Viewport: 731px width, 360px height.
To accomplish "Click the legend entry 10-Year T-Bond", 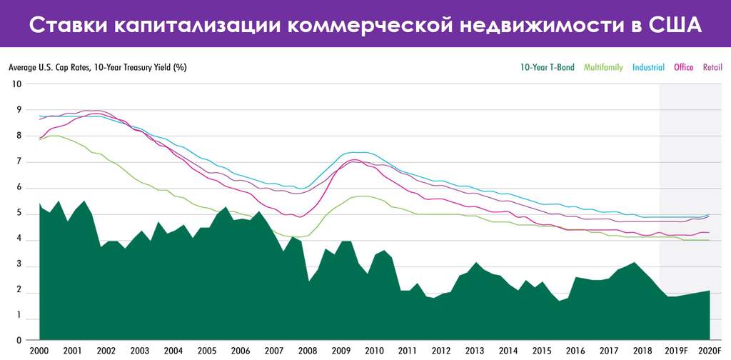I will (x=547, y=68).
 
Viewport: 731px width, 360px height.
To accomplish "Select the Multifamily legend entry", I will (x=603, y=68).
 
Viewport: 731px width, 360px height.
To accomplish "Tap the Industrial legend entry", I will (x=648, y=68).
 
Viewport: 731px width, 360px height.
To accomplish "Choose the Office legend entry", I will (x=684, y=68).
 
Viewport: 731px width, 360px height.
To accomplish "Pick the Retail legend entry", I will (x=712, y=68).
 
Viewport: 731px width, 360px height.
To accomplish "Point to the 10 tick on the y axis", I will (x=18, y=84).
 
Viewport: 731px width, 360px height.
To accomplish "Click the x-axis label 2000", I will (x=39, y=351).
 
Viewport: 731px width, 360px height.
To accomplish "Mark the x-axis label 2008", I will (x=308, y=351).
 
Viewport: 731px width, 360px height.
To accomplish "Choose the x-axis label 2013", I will (x=475, y=351).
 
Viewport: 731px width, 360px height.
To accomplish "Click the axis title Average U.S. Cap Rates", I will (x=49, y=68).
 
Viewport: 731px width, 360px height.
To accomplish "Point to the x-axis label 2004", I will (x=173, y=351).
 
